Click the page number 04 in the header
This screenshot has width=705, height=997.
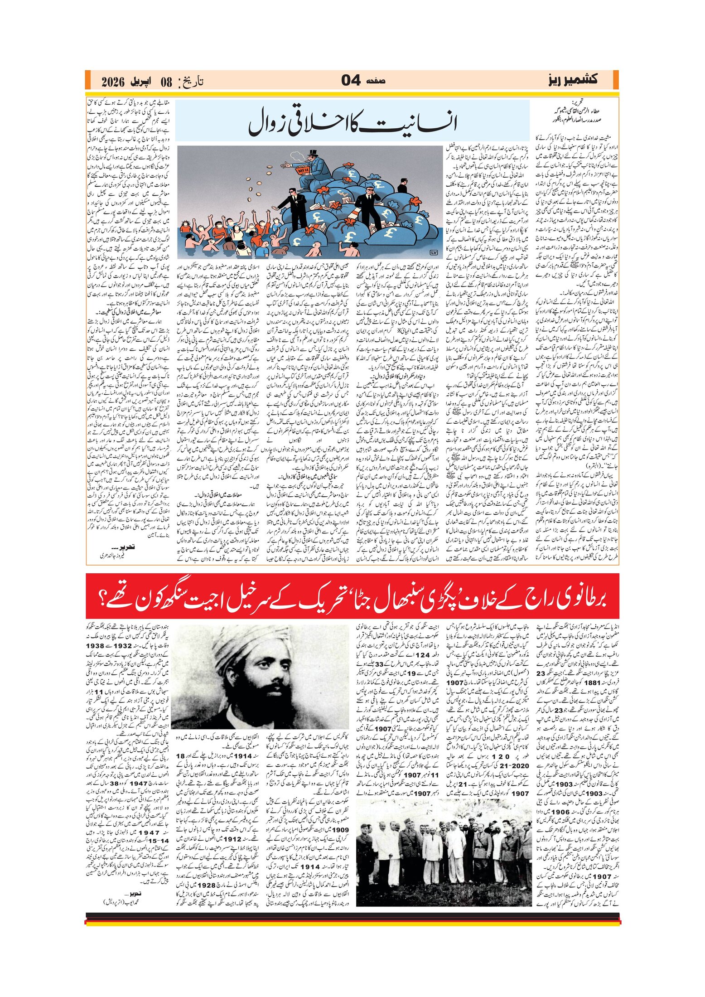[x=351, y=81]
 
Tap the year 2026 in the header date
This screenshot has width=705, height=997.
[x=113, y=82]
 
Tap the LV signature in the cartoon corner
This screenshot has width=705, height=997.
[x=432, y=252]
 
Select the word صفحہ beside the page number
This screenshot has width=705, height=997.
[x=374, y=81]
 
